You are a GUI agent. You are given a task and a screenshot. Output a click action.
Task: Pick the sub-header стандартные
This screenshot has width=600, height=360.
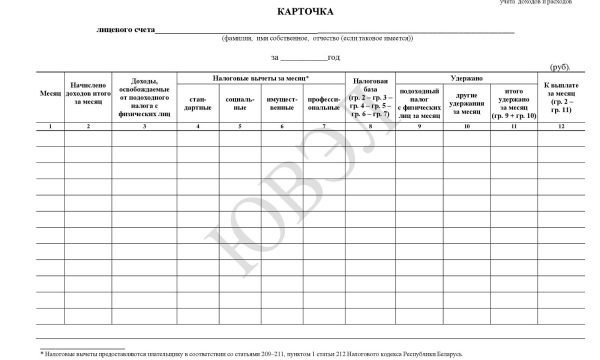[x=198, y=104]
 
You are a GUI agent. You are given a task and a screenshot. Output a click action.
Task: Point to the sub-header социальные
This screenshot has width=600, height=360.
[x=240, y=104]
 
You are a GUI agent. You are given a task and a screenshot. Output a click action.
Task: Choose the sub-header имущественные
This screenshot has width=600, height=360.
[x=282, y=104]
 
